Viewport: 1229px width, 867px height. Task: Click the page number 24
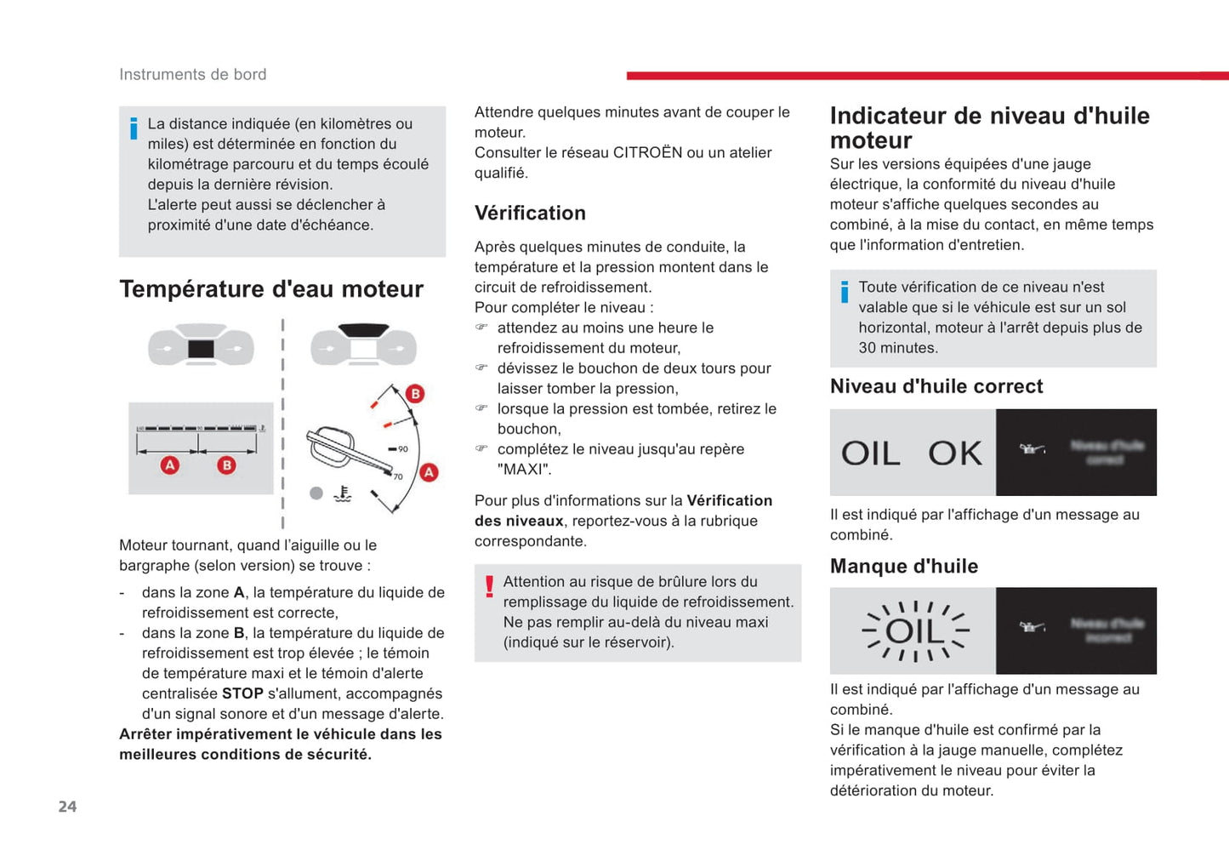click(x=67, y=807)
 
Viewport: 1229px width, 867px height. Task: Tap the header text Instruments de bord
click(x=192, y=75)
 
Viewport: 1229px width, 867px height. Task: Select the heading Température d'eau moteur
click(x=271, y=289)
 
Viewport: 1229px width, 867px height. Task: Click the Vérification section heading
click(x=530, y=213)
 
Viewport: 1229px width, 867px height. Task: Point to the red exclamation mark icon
click(x=489, y=586)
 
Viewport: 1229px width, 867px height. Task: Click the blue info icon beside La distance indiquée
click(x=134, y=128)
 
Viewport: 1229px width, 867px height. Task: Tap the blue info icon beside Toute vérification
click(x=845, y=292)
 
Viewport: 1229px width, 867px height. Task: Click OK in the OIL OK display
click(x=955, y=453)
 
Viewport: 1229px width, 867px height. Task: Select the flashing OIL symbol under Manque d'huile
click(x=915, y=631)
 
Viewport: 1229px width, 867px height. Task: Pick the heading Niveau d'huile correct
click(x=936, y=386)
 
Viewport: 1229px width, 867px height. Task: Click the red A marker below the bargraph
click(x=170, y=465)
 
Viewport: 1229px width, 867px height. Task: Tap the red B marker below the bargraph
click(x=226, y=465)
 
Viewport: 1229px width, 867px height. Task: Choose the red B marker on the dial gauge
click(x=415, y=393)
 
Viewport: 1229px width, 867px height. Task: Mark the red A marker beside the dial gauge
click(x=430, y=472)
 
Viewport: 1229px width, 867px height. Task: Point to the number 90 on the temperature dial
click(x=402, y=449)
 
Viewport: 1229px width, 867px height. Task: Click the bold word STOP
click(x=242, y=693)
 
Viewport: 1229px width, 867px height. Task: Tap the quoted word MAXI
click(x=524, y=470)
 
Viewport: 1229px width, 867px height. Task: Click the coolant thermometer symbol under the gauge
click(x=343, y=493)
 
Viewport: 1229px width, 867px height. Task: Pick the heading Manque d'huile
click(x=903, y=567)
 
